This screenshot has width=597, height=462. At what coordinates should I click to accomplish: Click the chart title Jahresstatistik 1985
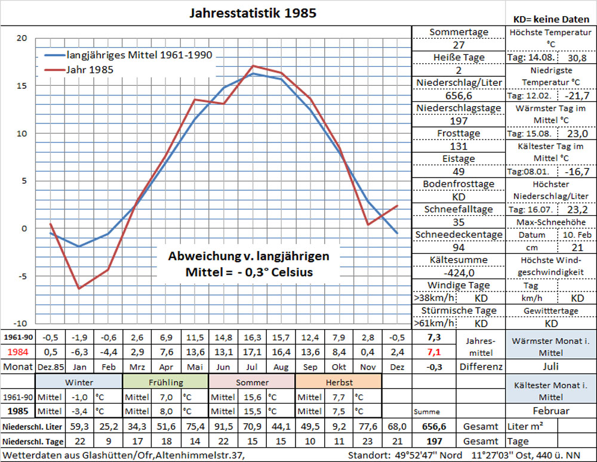pyautogui.click(x=253, y=13)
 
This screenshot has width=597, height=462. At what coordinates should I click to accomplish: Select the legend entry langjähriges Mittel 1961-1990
pyautogui.click(x=139, y=55)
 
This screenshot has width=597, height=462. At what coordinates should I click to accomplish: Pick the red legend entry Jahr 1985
pyautogui.click(x=90, y=70)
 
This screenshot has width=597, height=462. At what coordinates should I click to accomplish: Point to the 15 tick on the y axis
pyautogui.click(x=21, y=86)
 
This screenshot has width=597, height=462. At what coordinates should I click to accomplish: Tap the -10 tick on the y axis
pyautogui.click(x=20, y=323)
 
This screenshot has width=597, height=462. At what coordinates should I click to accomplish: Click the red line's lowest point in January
pyautogui.click(x=79, y=289)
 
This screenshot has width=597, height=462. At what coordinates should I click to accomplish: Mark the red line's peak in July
pyautogui.click(x=253, y=66)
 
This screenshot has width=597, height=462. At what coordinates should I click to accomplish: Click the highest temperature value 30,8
pyautogui.click(x=576, y=58)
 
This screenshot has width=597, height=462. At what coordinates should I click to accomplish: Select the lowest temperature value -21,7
pyautogui.click(x=576, y=95)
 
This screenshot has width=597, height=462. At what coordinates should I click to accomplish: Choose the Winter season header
pyautogui.click(x=79, y=382)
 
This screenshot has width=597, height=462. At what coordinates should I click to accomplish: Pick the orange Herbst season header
pyautogui.click(x=338, y=382)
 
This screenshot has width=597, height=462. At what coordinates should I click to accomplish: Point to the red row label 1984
pyautogui.click(x=17, y=352)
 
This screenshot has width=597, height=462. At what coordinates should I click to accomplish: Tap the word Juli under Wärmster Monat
pyautogui.click(x=550, y=366)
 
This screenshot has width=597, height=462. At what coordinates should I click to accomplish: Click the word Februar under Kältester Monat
pyautogui.click(x=550, y=411)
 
